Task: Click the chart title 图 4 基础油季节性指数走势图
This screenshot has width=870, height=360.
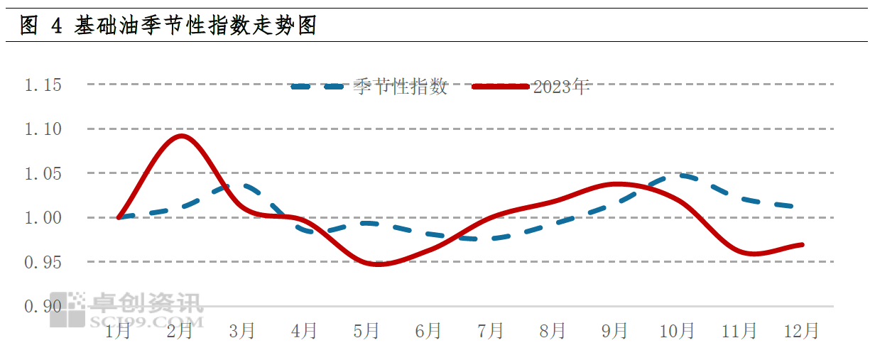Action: pos(168,26)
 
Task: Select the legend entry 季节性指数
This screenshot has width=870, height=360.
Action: pos(401,87)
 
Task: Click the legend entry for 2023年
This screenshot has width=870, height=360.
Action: pos(561,87)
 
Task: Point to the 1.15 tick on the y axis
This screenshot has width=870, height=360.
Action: pos(43,86)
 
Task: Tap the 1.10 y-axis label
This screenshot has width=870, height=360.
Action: pos(43,130)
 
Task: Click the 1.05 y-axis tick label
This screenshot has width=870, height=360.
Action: pos(43,174)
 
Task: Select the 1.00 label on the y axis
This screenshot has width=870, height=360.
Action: pos(43,218)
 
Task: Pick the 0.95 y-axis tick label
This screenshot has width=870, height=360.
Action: pos(43,263)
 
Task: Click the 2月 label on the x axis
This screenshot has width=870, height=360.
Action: pos(180,331)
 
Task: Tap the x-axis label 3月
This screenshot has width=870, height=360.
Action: pos(242,331)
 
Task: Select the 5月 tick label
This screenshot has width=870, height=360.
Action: pos(366,331)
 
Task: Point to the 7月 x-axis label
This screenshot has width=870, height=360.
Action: pos(491,331)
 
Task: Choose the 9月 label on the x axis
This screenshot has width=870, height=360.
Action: pos(615,331)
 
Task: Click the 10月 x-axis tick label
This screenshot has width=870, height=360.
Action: pos(677,331)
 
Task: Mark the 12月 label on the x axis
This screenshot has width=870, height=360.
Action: pos(801,331)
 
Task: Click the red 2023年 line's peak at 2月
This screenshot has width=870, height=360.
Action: pos(181,136)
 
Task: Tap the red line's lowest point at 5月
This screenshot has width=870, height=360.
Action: pos(376,264)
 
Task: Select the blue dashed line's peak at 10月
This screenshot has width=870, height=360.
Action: pos(680,174)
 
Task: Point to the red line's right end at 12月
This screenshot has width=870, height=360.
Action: pos(802,244)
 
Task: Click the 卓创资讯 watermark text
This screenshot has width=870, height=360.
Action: pos(146,303)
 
